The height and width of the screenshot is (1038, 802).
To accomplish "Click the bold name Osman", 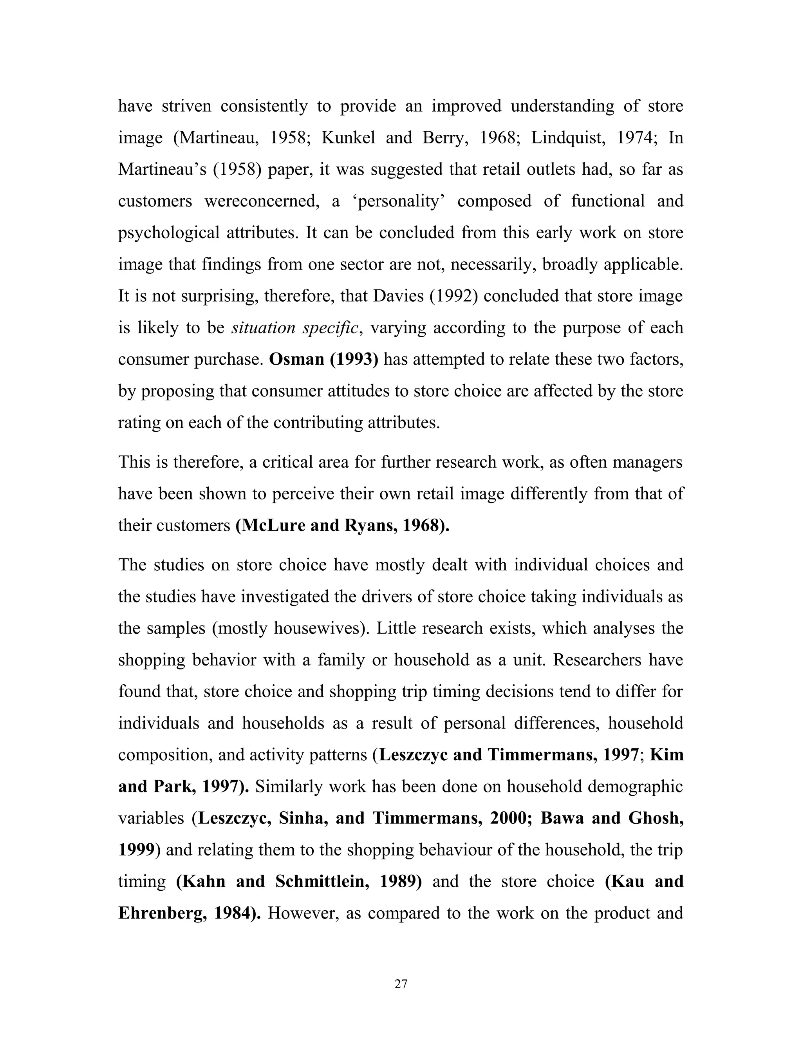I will pyautogui.click(x=296, y=359).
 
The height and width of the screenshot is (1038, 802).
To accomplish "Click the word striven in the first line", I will pyautogui.click(x=186, y=106).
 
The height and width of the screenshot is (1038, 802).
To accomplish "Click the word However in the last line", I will pyautogui.click(x=303, y=913).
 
